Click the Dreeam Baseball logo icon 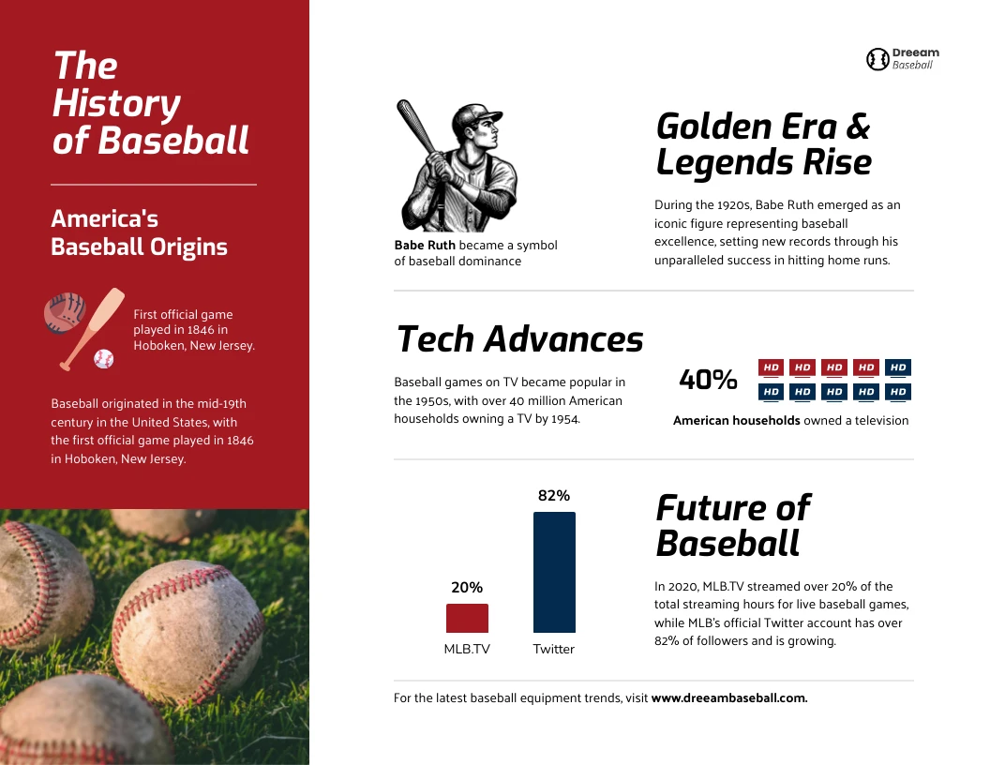(877, 60)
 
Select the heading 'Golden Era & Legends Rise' (763, 144)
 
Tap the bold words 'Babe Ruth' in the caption (425, 246)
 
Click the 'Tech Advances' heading (519, 339)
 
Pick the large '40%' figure (708, 380)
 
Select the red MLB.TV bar (467, 619)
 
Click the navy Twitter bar (554, 572)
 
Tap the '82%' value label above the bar (554, 496)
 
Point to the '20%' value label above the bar (467, 588)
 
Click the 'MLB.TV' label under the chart (467, 649)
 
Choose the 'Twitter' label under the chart (554, 649)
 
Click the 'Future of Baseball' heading (732, 525)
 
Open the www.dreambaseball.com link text (729, 698)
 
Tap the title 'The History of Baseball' (150, 103)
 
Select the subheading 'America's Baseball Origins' (139, 232)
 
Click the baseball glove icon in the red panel (64, 313)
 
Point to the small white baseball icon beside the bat (103, 359)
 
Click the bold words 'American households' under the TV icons (737, 421)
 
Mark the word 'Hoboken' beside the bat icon (157, 345)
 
